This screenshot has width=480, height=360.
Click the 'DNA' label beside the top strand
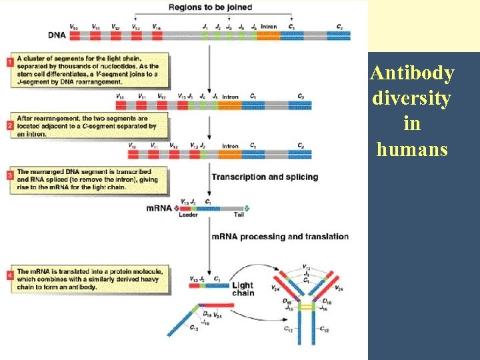[x=57, y=34]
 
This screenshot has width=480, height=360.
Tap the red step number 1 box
[x=10, y=63]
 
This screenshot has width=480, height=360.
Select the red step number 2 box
[x=10, y=125]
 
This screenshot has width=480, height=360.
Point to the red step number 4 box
[x=10, y=274]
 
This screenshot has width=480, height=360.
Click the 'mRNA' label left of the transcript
[x=159, y=208]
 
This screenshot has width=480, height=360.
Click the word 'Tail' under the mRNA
[x=239, y=215]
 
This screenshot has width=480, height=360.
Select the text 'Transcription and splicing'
[x=265, y=177]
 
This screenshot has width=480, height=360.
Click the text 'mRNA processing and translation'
[x=280, y=237]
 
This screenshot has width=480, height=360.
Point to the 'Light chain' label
[x=243, y=289]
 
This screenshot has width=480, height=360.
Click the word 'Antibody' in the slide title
[x=412, y=73]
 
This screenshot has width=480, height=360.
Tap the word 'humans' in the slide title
[x=412, y=149]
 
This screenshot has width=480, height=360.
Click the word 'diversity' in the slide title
[x=412, y=98]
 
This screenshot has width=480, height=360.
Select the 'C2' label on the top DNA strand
[x=340, y=26]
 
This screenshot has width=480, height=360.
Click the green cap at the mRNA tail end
[x=247, y=208]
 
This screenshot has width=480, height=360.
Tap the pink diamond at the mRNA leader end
[x=176, y=208]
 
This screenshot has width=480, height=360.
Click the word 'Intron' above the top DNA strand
[x=268, y=26]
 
